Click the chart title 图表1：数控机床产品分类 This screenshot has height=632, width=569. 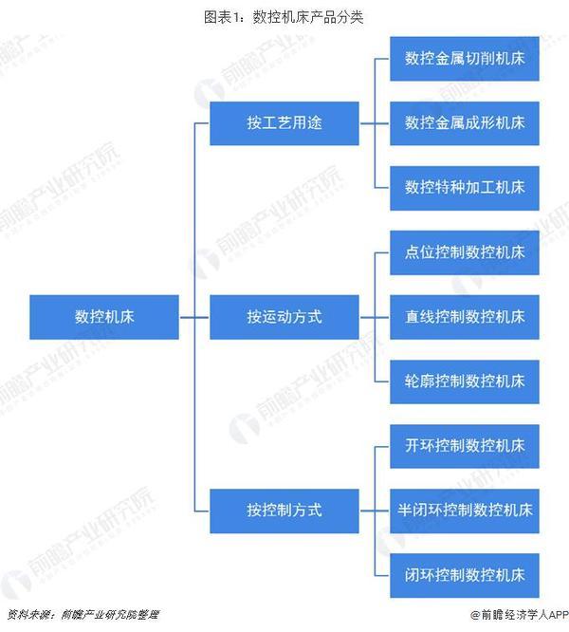point(284,17)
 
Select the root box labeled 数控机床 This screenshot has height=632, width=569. point(104,317)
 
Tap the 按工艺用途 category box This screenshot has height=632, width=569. point(284,123)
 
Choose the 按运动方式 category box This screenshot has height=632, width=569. point(284,317)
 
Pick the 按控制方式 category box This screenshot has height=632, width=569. point(284,511)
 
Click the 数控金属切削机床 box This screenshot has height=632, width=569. point(465,59)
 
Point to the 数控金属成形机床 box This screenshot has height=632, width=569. point(465,123)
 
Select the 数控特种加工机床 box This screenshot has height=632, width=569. point(465,188)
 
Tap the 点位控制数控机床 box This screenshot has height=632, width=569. point(465,252)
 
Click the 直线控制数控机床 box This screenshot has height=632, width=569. point(465,317)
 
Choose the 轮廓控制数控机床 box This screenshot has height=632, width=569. point(465,382)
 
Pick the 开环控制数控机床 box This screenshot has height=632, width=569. point(465,446)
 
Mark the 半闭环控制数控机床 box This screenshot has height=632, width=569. point(465,511)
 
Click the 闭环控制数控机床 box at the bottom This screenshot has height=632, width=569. point(465,576)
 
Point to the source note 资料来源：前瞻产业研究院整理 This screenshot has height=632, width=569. point(83,615)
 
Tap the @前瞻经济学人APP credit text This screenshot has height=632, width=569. point(519,615)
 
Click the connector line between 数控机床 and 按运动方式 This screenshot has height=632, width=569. point(194,317)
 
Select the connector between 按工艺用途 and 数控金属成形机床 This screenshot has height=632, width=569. point(375,123)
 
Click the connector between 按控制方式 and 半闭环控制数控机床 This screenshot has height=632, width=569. point(375,511)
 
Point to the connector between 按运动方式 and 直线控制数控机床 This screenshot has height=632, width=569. point(375,317)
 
